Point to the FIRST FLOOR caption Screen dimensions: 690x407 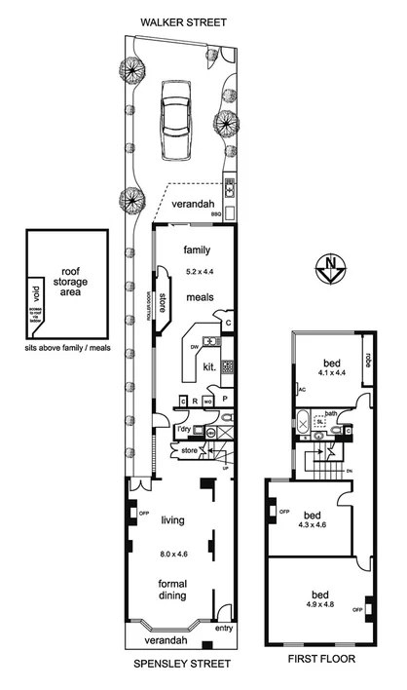coord(321,660)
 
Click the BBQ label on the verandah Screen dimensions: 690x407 coord(229,211)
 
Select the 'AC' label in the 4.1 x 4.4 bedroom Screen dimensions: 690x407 coord(302,389)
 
